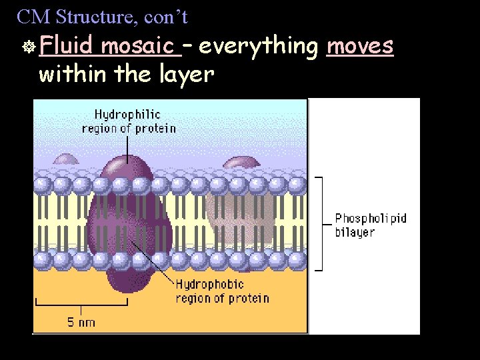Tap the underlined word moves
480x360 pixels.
[360, 47]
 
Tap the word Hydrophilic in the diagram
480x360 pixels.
[127, 115]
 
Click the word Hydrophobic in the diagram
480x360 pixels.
[210, 285]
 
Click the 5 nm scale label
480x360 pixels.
[81, 323]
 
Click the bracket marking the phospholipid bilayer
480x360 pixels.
[321, 224]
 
